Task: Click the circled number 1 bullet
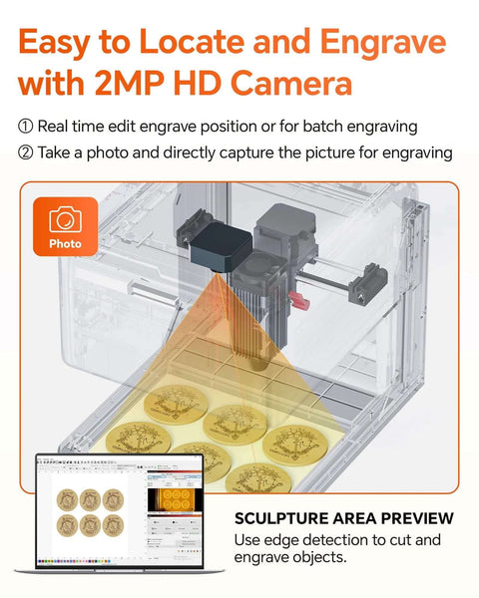(26, 128)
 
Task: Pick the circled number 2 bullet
(26, 152)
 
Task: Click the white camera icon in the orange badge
(66, 219)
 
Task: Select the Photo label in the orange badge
(66, 243)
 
